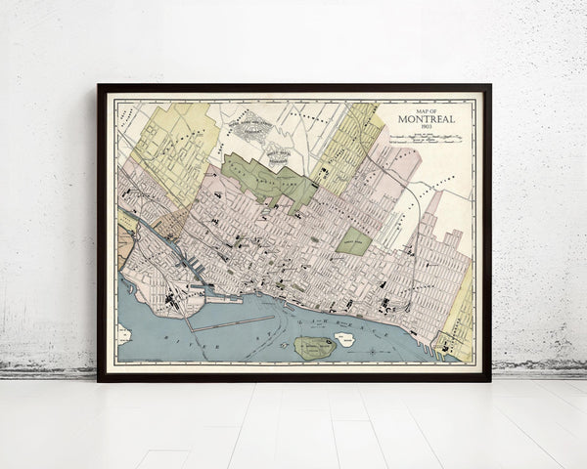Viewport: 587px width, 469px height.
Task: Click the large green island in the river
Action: pyautogui.click(x=313, y=347)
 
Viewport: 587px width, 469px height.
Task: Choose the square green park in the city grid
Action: pyautogui.click(x=354, y=240)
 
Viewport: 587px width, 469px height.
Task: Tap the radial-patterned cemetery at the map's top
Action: pyautogui.click(x=252, y=124)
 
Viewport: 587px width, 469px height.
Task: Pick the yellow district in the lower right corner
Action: pyautogui.click(x=458, y=322)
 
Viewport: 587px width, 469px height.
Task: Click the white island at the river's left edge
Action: pyautogui.click(x=124, y=334)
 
